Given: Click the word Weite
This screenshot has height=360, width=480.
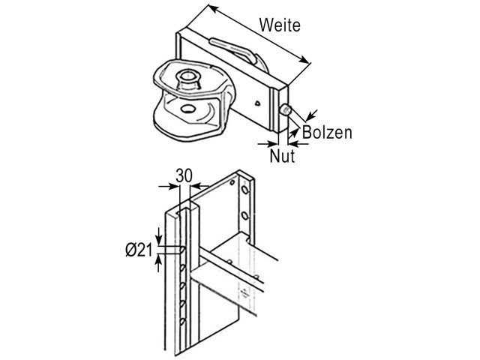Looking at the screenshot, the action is pos(280,25).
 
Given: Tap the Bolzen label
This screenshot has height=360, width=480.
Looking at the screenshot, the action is pos(327,133).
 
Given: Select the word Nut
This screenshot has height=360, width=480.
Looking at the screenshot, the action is pos(282,155).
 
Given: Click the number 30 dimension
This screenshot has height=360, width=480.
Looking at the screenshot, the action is pos(184,175).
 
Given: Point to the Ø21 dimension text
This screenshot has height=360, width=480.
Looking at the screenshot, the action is pos(139,250).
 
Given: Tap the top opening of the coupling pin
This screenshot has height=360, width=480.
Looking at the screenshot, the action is pos(187,75).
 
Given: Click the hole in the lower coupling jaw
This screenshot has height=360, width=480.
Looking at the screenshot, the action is pos(187,109).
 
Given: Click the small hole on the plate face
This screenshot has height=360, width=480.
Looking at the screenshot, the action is pos(258,103).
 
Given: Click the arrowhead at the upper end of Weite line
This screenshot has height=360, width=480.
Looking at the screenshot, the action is pos(213,9).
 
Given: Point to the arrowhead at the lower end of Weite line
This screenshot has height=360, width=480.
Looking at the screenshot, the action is pos(304,60).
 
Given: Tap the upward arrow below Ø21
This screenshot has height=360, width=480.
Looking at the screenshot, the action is pos(159,263).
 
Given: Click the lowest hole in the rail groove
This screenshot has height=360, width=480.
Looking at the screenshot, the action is pos(183,322).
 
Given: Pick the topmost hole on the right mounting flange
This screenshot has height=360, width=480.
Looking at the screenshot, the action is pos(245,190).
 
